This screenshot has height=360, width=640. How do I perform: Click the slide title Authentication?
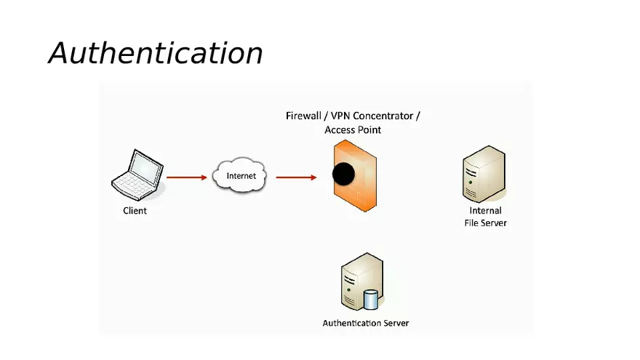(156, 53)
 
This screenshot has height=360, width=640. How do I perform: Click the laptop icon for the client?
(136, 175)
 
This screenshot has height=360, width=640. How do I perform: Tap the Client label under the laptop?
(135, 211)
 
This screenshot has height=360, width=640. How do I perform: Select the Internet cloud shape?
(241, 176)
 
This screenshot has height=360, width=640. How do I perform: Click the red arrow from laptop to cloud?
(187, 177)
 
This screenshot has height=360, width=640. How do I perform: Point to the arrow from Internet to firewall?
(296, 177)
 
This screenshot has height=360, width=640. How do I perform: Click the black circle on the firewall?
(343, 174)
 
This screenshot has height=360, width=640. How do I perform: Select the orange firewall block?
(356, 193)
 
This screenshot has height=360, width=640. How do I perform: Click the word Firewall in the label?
(304, 116)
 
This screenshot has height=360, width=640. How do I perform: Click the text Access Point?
(353, 130)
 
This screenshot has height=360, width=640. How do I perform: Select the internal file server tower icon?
(483, 173)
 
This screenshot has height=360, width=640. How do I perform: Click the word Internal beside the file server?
(485, 211)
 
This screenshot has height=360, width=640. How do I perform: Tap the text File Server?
(485, 223)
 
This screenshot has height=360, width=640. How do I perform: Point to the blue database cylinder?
(371, 300)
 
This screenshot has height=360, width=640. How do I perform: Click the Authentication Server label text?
(366, 323)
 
